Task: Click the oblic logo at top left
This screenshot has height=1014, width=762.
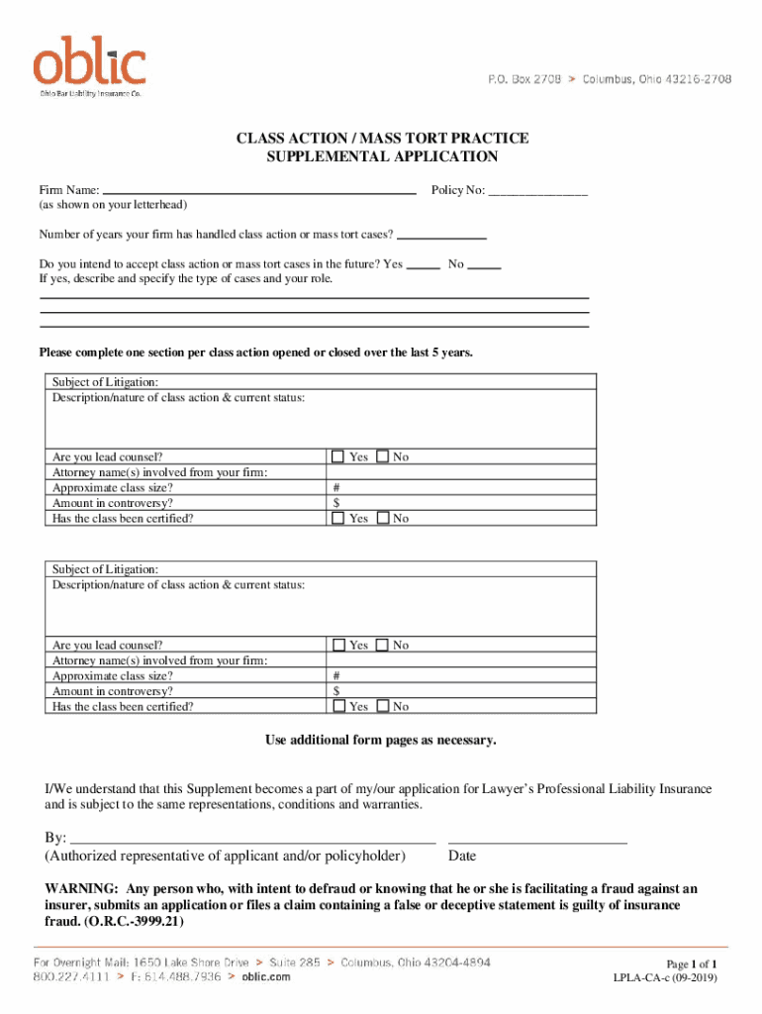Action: coord(90,64)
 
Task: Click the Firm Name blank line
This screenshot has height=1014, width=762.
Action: coord(259,190)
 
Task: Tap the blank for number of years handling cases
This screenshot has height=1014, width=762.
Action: coord(441,236)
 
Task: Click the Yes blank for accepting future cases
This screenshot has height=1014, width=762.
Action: coord(424,265)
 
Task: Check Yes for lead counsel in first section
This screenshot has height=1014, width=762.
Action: coord(337,456)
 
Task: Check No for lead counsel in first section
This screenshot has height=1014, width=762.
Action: coord(383,456)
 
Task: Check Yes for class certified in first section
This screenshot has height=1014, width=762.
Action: coord(337,518)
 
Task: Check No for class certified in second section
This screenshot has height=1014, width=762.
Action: coord(383,706)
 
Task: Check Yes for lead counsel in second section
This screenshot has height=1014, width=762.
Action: coord(337,645)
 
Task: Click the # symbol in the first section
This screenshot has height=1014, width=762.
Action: coord(337,487)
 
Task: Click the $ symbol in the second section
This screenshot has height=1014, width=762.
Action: coord(337,691)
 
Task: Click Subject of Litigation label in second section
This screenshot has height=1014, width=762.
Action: coord(105,569)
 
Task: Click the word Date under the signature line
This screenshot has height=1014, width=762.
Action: coord(462,856)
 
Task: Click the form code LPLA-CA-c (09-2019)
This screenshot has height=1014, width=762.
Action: coord(665,978)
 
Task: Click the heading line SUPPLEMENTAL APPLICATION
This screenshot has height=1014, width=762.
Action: coord(381,156)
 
